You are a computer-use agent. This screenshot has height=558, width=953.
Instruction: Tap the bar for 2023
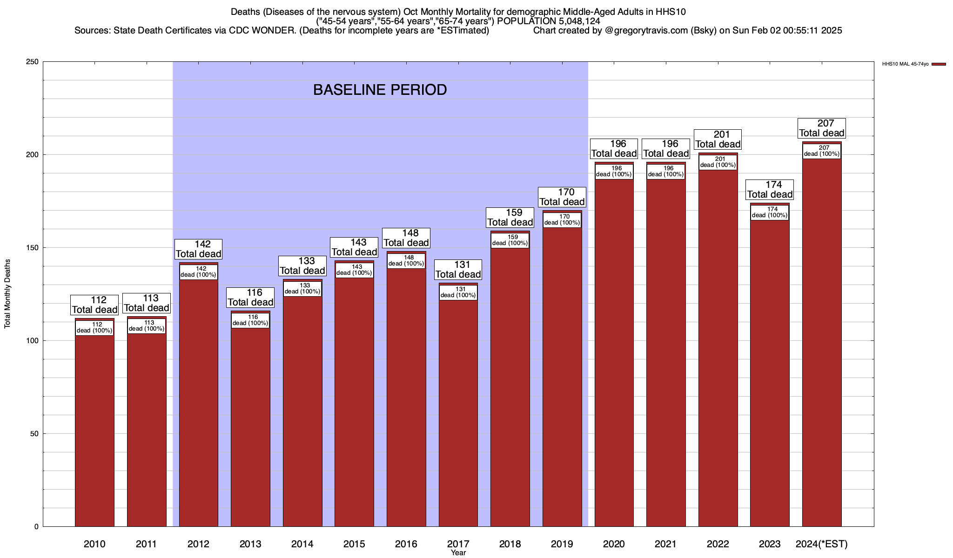tap(770, 372)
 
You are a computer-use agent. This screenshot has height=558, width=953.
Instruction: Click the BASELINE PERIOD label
tap(380, 90)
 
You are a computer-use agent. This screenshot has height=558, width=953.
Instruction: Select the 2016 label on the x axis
tap(406, 544)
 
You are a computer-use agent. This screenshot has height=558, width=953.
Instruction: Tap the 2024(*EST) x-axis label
tap(822, 544)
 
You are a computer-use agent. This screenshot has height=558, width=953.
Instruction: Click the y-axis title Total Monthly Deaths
tap(7, 294)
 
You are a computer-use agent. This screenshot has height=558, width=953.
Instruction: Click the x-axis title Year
tap(458, 553)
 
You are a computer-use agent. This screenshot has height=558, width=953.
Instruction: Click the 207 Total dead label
tap(822, 128)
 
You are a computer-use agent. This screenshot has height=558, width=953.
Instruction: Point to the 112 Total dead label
tap(94, 305)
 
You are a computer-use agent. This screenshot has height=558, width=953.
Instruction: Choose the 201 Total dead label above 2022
tap(718, 139)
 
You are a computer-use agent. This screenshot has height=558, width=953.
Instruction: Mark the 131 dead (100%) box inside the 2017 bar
tap(458, 292)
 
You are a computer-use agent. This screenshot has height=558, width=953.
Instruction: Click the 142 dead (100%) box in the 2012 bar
tap(199, 272)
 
